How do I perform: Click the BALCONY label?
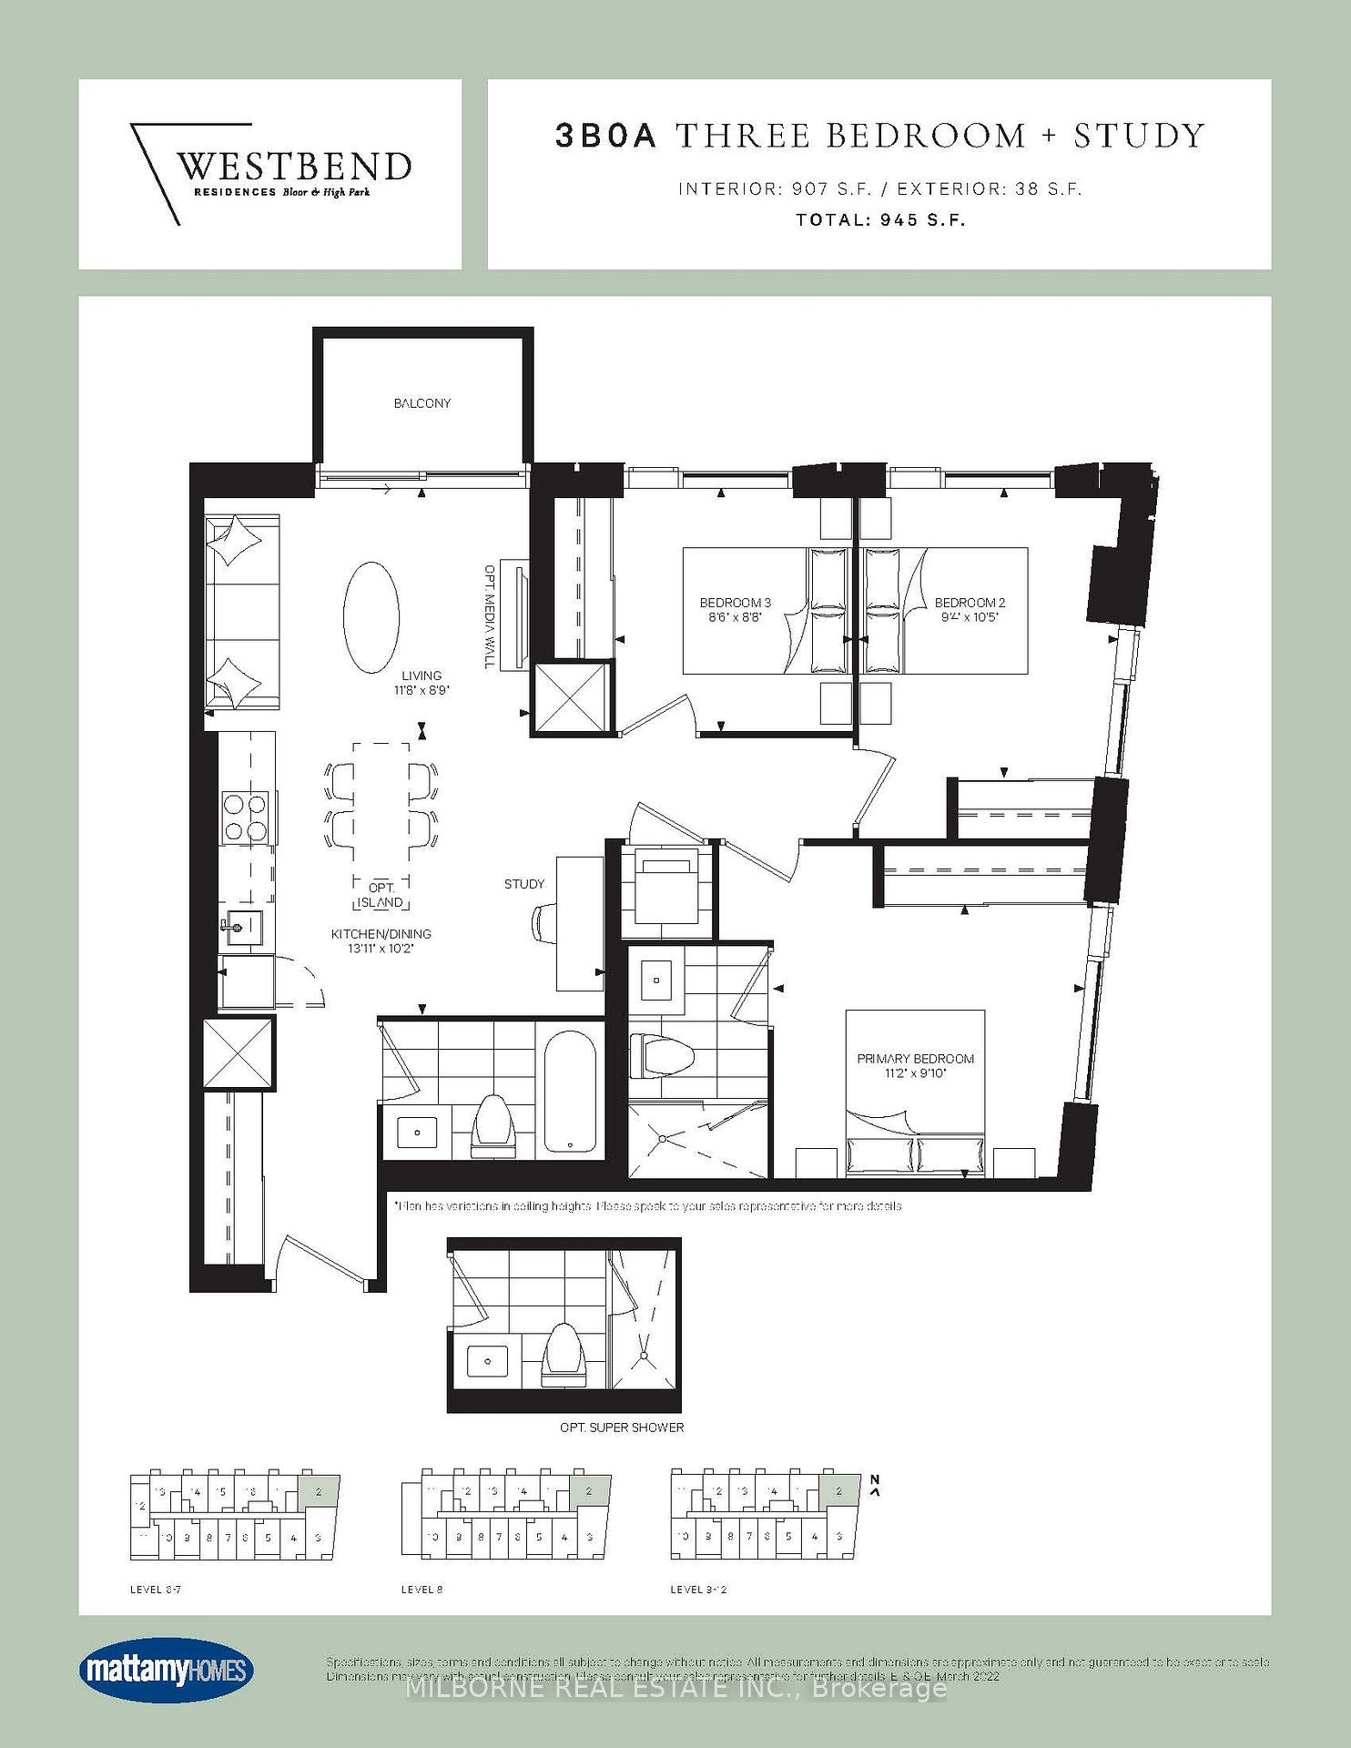point(422,403)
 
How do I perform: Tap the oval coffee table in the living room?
point(371,617)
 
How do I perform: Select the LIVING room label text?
point(422,676)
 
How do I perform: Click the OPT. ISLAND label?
point(381,895)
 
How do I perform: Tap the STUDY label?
point(524,884)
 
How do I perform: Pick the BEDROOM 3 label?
point(735,603)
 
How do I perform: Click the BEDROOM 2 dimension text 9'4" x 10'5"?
point(970,617)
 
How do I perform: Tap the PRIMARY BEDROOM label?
point(915,1059)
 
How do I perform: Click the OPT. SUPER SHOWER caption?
point(622,1428)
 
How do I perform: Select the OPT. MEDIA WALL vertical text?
point(489,616)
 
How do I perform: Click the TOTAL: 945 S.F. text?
point(879,220)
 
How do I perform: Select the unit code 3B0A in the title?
point(605,136)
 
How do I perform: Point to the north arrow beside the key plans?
point(875,1487)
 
